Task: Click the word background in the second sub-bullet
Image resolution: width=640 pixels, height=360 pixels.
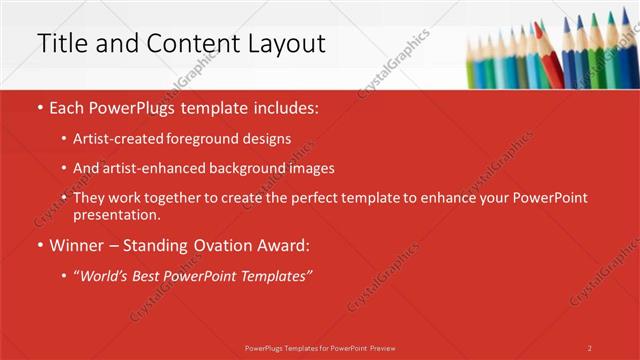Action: coord(240,168)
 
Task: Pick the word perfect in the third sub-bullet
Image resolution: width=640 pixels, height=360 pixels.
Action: coord(302,198)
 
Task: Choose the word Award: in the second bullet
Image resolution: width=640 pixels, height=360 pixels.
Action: coord(285,244)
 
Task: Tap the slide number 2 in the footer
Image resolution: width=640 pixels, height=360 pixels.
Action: coord(590,347)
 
